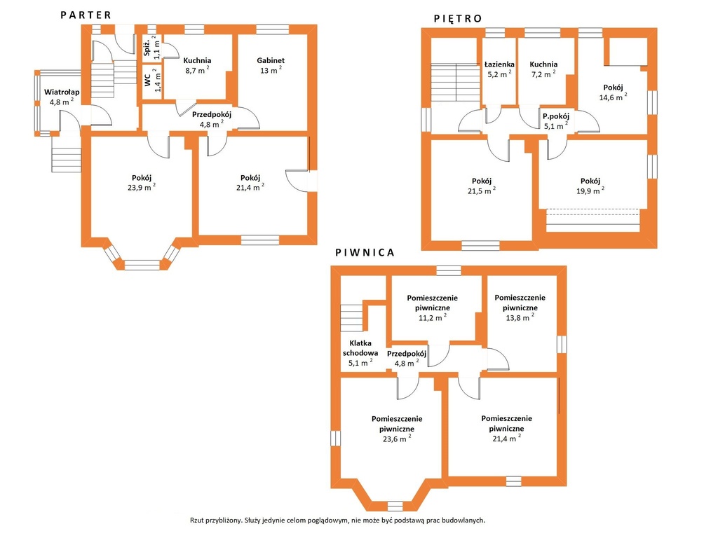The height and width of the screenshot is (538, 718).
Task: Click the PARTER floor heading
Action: pos(86,15)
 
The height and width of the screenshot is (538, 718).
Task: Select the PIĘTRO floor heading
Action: pos(458,19)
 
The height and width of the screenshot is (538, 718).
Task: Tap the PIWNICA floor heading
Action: pos(365,252)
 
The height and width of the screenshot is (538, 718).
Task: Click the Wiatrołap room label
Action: pos(62,92)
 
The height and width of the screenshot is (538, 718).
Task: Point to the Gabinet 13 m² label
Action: pos(271,65)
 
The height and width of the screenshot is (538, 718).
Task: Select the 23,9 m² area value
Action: pos(142,187)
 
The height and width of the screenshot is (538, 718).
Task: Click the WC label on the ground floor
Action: pos(147,81)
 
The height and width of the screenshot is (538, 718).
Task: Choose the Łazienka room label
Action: pos(499,64)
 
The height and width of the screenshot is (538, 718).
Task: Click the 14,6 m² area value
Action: pos(613,97)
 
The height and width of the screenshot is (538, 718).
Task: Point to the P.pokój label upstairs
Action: pos(556,116)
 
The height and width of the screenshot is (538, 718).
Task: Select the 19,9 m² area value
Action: pos(590,191)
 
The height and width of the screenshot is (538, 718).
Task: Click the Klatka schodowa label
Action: pos(360,347)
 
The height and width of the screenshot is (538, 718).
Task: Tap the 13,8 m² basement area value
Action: pos(520,317)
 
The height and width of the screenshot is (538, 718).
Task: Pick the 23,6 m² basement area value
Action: pos(397,439)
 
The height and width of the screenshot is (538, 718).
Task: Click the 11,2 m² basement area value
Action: pos(433,317)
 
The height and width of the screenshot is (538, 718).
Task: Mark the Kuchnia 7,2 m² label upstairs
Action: pos(543,69)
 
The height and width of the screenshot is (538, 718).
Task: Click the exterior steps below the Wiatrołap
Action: pos(67,154)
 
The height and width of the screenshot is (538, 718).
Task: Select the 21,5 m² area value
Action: pos(482,191)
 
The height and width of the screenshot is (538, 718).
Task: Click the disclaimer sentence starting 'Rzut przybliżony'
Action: pos(337,520)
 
